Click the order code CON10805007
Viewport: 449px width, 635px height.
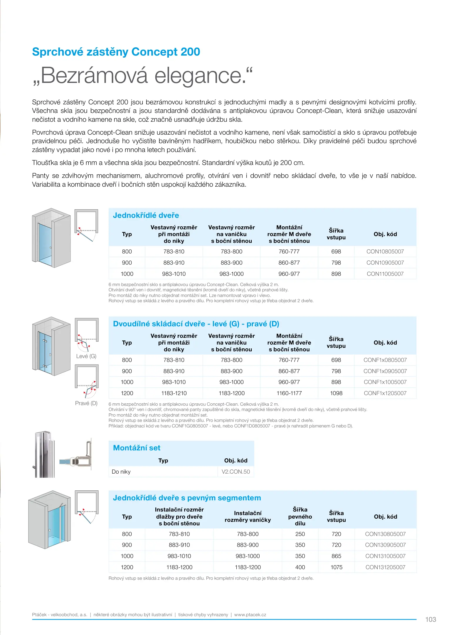pos(385,251)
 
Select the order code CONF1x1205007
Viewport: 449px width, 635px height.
pos(385,393)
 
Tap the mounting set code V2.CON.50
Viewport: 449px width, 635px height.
pos(236,472)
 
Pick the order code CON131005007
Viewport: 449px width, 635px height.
pos(385,556)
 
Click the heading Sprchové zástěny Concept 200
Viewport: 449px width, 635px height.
pos(116,52)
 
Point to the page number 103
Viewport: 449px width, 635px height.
pos(430,619)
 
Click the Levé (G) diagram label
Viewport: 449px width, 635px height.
pos(86,356)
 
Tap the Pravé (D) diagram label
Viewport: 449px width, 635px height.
pos(86,403)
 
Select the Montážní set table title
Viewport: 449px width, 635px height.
pos(137,448)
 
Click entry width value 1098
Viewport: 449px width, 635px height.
pos(336,393)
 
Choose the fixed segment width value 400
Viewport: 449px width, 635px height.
pos(300,567)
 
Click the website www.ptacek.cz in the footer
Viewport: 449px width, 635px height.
pos(250,614)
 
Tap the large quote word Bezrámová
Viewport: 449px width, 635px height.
pos(94,76)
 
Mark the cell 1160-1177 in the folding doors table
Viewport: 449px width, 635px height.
pos(289,393)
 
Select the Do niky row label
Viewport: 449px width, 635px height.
pos(121,472)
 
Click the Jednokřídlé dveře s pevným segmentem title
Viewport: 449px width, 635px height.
pos(187,498)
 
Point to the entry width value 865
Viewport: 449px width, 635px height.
pos(336,556)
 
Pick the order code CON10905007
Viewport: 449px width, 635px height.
pos(385,263)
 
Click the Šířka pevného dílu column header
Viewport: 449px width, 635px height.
pos(300,516)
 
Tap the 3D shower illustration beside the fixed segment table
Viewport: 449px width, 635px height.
pos(50,520)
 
